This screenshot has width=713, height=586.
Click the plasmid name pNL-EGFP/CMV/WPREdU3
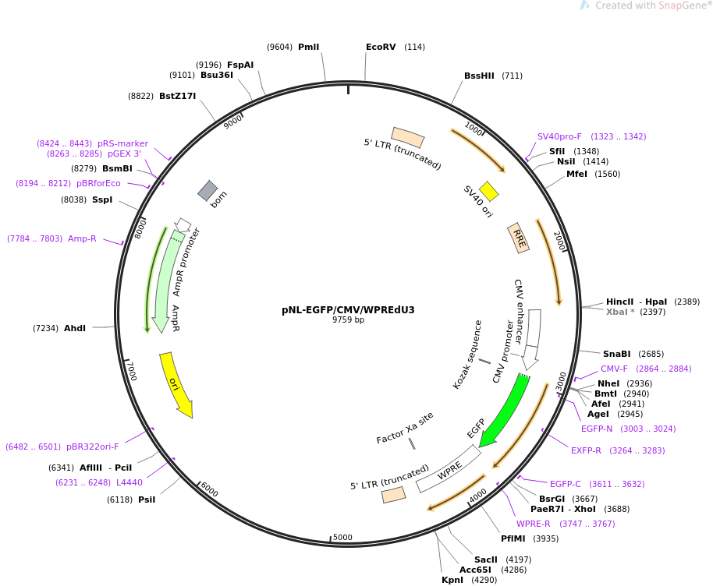(x=348, y=309)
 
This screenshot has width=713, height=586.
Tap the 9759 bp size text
(x=348, y=320)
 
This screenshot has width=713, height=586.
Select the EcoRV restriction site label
(x=381, y=47)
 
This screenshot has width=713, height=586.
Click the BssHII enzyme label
(x=479, y=76)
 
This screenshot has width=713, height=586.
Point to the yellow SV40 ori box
(x=488, y=191)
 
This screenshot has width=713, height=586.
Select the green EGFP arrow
(x=504, y=409)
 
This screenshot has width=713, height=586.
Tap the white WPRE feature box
(x=449, y=468)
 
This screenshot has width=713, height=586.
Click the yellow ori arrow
(x=176, y=384)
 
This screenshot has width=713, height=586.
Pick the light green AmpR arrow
(x=166, y=281)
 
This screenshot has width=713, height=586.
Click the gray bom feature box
(x=208, y=191)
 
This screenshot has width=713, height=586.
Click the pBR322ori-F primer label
(x=93, y=447)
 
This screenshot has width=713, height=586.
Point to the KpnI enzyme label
(x=452, y=580)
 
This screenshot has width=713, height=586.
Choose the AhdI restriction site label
(x=75, y=328)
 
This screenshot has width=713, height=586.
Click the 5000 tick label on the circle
(x=342, y=537)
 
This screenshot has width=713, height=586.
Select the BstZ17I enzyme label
(x=177, y=96)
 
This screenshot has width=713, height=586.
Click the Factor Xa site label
(x=404, y=428)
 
